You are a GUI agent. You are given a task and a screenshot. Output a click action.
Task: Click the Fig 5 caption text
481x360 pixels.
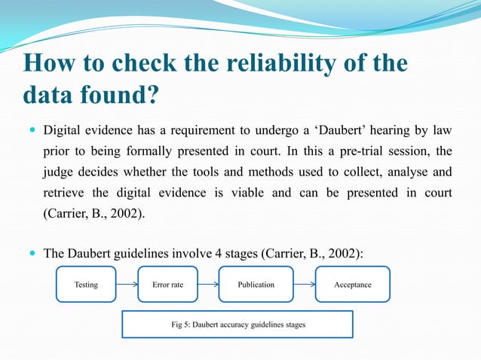[x=237, y=325]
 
